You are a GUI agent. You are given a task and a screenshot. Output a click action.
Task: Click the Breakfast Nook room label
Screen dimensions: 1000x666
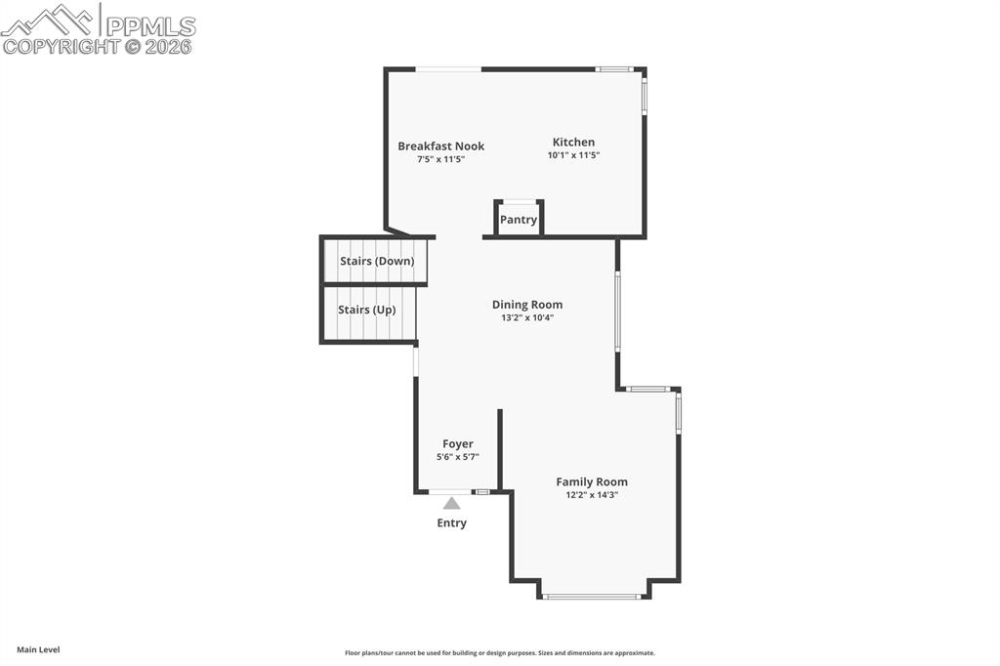point(440,146)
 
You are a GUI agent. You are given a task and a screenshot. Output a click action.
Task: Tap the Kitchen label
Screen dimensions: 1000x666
point(573,143)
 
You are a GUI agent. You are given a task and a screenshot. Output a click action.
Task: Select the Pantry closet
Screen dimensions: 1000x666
point(519,219)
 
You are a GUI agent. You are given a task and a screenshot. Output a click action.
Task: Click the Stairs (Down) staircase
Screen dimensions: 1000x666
point(374,261)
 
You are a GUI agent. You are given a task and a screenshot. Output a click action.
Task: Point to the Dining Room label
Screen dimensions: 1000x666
point(527,305)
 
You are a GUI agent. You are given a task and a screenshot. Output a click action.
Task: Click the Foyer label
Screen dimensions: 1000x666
point(458,444)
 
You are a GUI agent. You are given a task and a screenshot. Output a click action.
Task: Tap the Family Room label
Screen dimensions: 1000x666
point(592,482)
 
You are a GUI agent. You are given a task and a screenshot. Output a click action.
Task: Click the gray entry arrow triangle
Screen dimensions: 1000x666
point(451,503)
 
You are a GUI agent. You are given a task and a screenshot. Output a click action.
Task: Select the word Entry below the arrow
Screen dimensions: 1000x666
point(451,523)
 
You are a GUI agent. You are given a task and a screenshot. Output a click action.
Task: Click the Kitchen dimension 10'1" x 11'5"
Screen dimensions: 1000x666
point(574,155)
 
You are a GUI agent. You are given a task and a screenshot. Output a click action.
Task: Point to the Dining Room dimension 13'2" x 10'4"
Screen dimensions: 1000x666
point(527,317)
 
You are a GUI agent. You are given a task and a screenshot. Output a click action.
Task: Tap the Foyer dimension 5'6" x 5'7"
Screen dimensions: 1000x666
point(458,457)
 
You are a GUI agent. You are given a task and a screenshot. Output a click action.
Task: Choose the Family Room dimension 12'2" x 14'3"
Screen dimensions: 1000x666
point(592,495)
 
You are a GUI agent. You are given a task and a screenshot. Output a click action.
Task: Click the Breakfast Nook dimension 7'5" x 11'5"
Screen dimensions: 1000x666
point(440,159)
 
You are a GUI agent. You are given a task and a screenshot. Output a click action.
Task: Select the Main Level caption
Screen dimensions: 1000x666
point(38,650)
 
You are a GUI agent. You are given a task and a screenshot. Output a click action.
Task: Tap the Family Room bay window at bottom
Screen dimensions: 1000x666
point(592,597)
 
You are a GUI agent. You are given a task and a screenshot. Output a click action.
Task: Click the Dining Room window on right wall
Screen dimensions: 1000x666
point(617,310)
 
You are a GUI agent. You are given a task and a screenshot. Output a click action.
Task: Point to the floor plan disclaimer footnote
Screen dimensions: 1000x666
point(500,653)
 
